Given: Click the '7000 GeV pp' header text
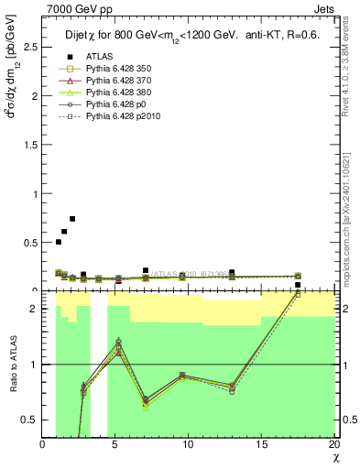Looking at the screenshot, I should click(71, 8).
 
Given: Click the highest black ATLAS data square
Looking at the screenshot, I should click(72, 219).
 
